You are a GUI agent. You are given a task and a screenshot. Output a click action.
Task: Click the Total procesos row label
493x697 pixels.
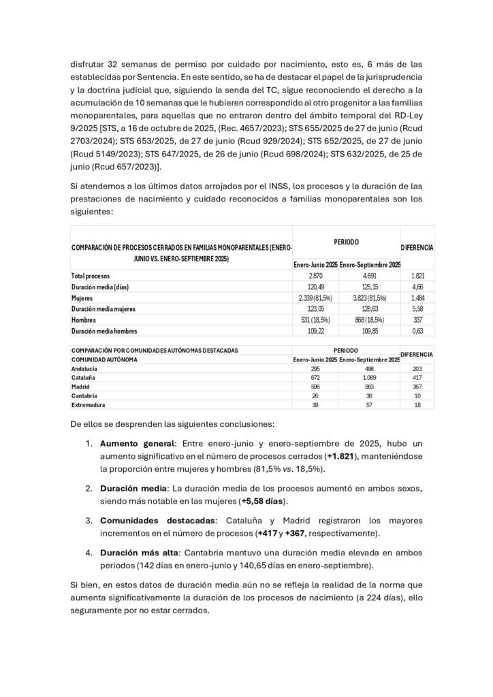tap(91, 276)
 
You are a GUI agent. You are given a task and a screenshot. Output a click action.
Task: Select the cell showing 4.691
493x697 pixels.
tap(370, 276)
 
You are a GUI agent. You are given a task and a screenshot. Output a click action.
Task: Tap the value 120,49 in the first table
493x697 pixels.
tap(315, 287)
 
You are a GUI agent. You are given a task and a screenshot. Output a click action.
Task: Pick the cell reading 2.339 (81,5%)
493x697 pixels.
tap(315, 297)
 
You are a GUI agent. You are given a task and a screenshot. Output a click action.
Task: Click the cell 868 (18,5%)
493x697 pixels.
tap(370, 319)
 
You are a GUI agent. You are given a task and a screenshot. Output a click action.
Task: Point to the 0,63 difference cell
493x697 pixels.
tap(417, 331)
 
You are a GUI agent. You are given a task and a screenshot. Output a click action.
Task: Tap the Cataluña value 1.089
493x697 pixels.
tap(370, 377)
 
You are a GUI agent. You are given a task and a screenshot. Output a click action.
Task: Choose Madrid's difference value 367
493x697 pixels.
tap(417, 386)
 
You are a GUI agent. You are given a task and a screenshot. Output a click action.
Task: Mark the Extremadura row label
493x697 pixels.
tap(87, 404)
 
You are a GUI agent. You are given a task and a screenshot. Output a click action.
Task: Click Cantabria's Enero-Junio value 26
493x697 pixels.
tap(315, 395)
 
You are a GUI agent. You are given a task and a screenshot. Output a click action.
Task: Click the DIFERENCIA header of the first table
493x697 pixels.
tap(417, 248)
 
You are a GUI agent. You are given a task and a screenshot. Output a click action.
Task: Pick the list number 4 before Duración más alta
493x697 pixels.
tap(89, 552)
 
